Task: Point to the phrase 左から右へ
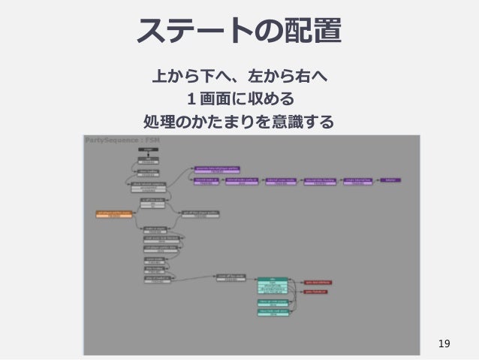[286, 77]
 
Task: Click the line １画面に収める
[239, 98]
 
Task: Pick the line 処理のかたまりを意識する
[239, 120]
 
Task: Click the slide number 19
[444, 344]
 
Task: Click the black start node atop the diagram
[149, 150]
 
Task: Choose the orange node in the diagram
[113, 214]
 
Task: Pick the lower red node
[315, 292]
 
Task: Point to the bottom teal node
[273, 312]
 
